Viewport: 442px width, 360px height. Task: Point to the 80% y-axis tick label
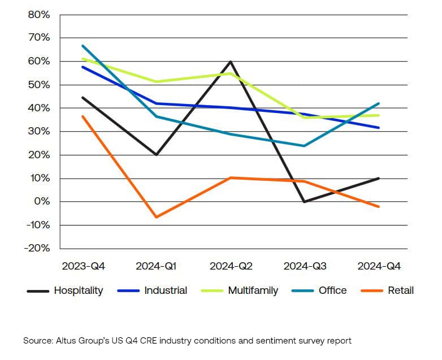[39, 15]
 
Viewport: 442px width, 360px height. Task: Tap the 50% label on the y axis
[39, 85]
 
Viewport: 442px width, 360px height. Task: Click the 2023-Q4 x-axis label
[83, 266]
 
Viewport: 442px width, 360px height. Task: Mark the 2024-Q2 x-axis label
[231, 266]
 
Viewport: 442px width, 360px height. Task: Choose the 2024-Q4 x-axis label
[379, 266]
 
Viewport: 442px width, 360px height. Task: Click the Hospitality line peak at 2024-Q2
[231, 61]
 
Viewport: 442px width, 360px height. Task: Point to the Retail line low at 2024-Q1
[157, 217]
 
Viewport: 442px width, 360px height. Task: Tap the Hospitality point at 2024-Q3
[305, 202]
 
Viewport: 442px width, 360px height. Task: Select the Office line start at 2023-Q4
[83, 46]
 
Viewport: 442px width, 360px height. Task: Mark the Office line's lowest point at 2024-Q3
[305, 146]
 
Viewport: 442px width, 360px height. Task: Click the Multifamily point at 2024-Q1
[157, 81]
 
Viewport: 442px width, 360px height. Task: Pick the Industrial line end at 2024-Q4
[379, 128]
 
